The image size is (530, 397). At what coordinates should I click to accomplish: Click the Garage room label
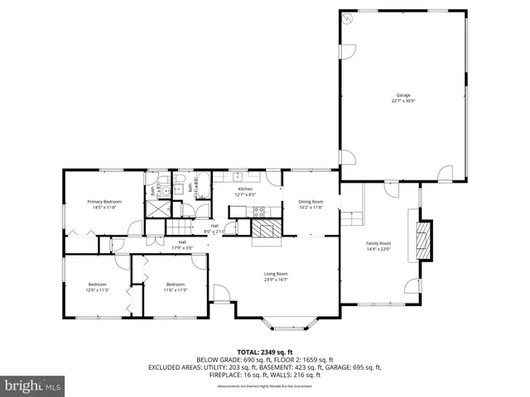[402, 95]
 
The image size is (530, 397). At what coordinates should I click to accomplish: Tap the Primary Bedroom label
[105, 202]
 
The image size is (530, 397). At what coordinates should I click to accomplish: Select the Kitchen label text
[245, 189]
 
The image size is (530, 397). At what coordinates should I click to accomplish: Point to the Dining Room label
[311, 202]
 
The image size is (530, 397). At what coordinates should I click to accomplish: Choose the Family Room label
[378, 243]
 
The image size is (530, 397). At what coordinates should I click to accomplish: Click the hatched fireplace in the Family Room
[423, 240]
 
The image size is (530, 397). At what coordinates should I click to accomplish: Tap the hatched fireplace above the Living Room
[267, 230]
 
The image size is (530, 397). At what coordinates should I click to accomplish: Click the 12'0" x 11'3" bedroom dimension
[98, 290]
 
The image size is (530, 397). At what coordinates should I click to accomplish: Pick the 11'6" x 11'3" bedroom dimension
[175, 290]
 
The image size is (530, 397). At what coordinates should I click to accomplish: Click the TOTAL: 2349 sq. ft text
[264, 352]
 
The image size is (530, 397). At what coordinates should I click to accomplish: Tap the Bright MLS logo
[33, 385]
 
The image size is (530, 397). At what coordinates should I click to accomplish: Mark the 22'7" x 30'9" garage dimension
[402, 101]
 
